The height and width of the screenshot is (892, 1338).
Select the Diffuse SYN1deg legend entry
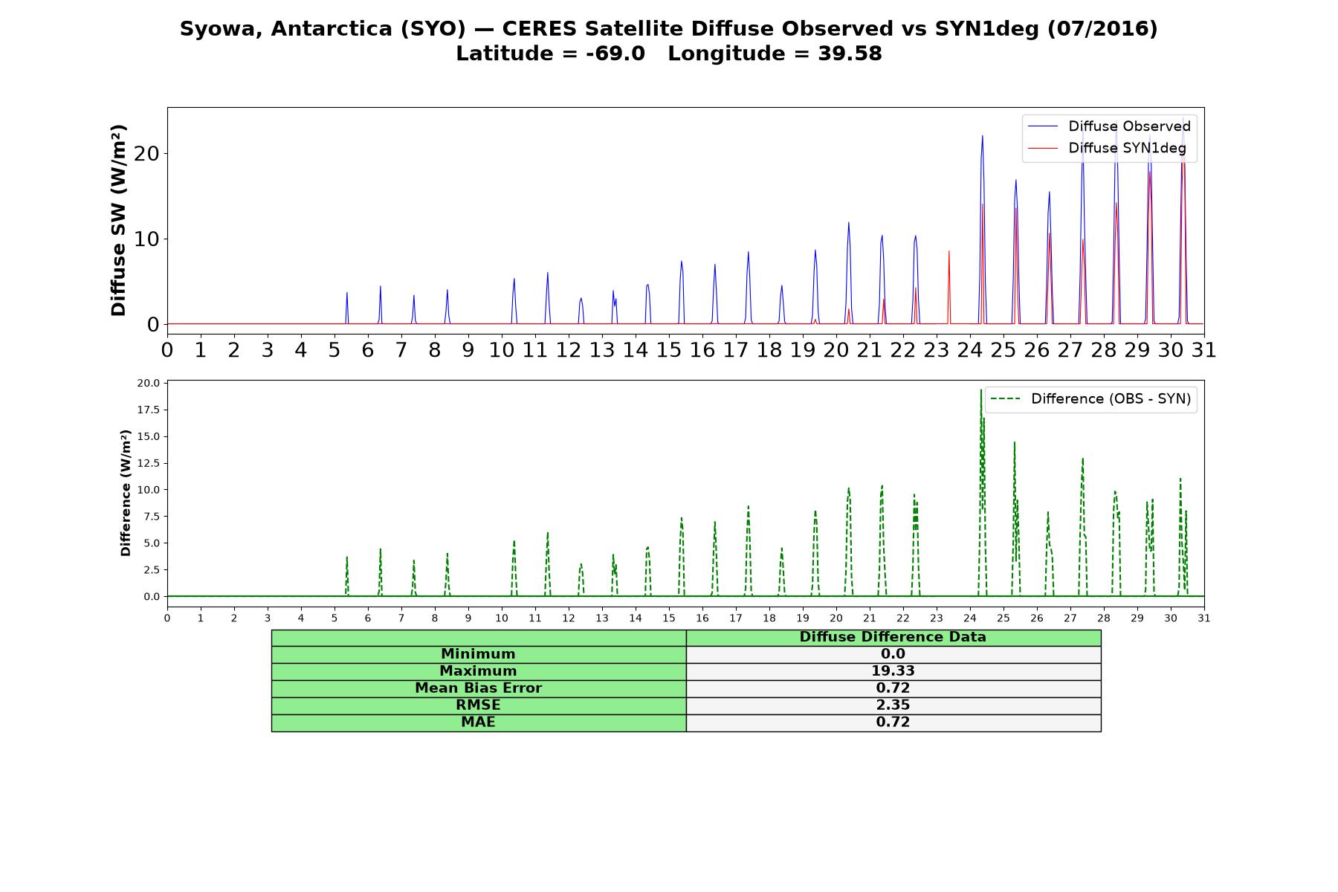click(1107, 148)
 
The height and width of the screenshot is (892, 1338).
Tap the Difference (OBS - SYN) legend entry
click(1090, 399)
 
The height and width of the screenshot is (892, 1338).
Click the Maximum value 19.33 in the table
click(893, 671)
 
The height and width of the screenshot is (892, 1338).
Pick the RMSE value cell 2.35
click(893, 705)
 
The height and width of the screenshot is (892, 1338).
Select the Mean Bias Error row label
click(478, 688)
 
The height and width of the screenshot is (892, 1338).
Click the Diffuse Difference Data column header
click(893, 637)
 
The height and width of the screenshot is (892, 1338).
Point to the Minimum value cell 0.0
click(893, 654)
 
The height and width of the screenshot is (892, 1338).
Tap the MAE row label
click(478, 723)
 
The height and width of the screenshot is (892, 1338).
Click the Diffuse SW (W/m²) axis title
click(119, 220)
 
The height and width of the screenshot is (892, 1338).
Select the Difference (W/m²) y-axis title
click(126, 493)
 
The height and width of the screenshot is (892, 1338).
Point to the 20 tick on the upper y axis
click(147, 154)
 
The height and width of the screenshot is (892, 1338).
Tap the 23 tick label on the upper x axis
click(937, 350)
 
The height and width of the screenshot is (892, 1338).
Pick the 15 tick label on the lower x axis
click(669, 618)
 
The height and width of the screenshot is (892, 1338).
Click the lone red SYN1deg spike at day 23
click(949, 288)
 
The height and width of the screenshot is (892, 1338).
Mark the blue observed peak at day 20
click(848, 223)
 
